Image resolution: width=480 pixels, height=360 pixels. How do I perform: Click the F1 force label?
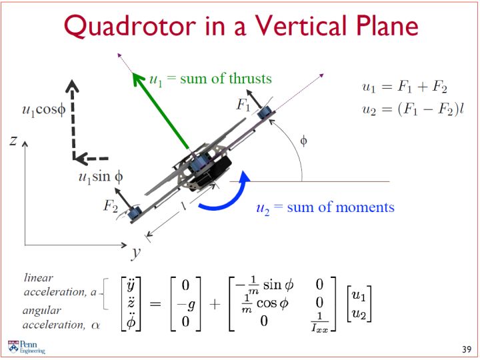[243, 105]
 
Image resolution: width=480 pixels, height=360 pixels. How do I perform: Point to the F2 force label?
[111, 206]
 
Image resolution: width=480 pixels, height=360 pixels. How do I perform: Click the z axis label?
[13, 141]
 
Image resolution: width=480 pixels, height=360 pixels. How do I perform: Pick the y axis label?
[135, 253]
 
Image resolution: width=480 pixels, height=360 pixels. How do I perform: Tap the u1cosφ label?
[44, 109]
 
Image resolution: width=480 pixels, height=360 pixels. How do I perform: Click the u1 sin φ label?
[101, 177]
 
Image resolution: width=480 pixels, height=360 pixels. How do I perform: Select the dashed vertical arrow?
[73, 119]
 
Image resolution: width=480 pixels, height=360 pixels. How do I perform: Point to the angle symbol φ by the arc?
[303, 141]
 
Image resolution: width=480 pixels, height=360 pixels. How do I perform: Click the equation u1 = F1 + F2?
[405, 87]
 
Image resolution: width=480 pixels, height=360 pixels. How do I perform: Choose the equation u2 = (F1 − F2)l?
[413, 109]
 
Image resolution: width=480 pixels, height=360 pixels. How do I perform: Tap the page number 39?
[467, 349]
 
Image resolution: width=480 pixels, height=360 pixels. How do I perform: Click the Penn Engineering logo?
[26, 347]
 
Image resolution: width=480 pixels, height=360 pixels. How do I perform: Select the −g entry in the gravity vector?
[186, 304]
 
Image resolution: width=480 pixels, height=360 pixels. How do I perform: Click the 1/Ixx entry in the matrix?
[319, 322]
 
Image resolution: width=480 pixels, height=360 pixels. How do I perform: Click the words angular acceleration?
[53, 317]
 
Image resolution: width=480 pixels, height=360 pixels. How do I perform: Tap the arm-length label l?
[183, 206]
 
